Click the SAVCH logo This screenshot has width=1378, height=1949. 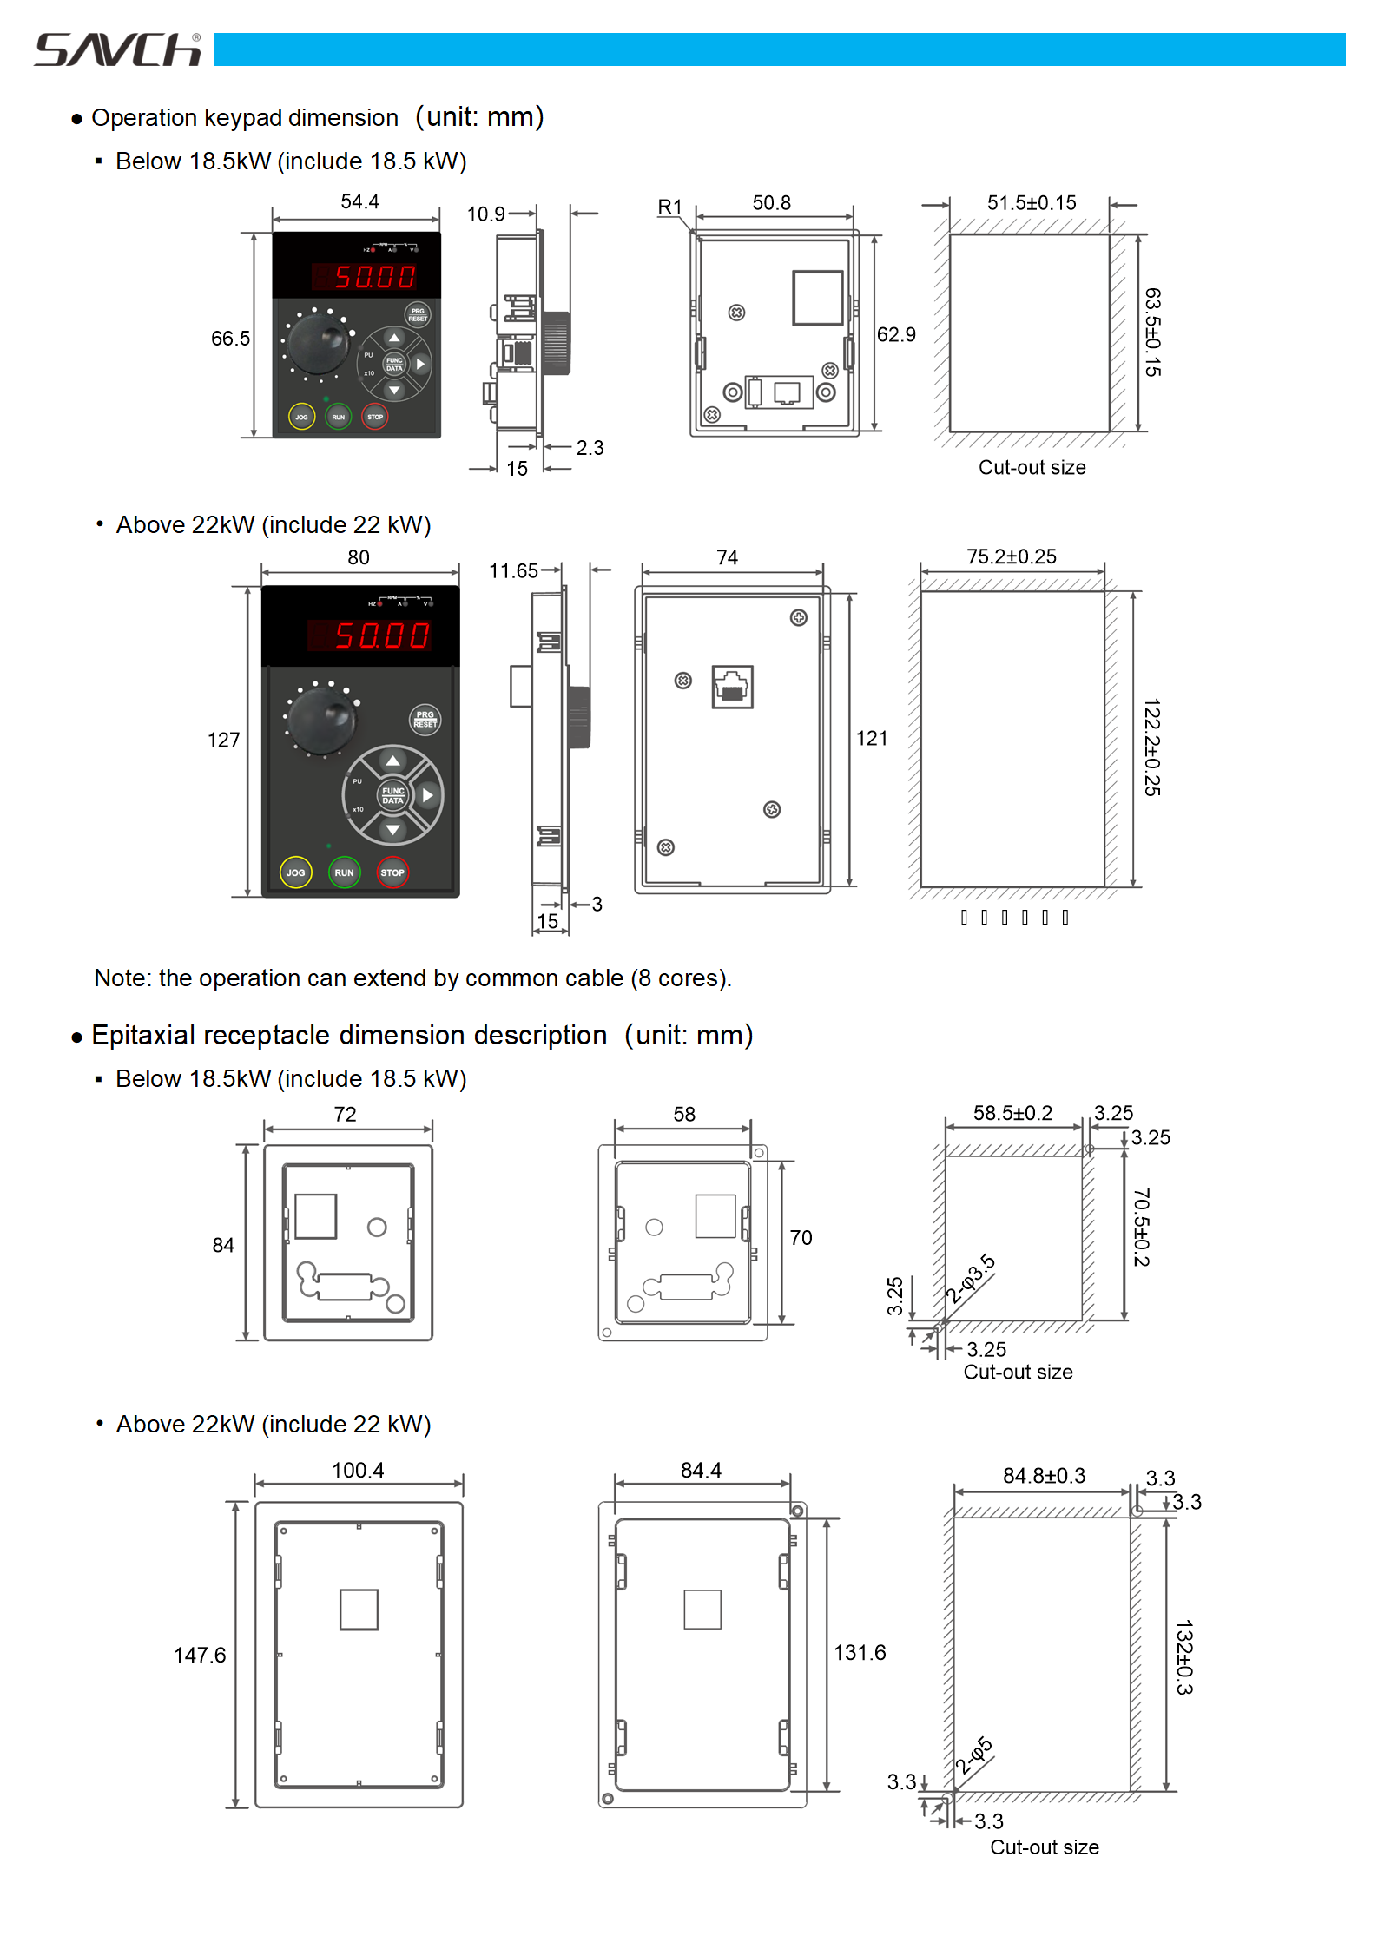pos(117,50)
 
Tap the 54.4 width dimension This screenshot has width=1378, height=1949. pos(359,202)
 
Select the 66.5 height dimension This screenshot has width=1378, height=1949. pos(230,339)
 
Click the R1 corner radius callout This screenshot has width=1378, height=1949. pos(669,207)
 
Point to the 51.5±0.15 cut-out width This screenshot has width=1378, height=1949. pos(1032,203)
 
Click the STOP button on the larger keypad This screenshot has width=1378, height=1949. pos(392,872)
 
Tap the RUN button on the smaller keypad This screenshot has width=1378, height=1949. pos(338,417)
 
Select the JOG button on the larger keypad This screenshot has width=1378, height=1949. pos(296,872)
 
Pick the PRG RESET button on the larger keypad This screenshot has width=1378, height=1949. pos(425,720)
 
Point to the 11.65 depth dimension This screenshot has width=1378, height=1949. pos(513,571)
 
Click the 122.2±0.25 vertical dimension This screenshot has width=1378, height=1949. pos(1152,747)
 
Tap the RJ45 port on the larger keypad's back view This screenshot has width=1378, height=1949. pos(732,687)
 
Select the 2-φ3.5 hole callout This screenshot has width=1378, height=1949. pos(971,1278)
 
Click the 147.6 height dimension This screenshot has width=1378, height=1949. pos(200,1656)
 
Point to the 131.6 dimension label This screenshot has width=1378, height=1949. pos(860,1653)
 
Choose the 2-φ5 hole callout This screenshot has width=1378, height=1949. pos(974,1755)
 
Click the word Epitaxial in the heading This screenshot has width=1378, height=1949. pos(142,1036)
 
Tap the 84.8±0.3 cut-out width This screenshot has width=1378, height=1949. pos(1044,1476)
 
